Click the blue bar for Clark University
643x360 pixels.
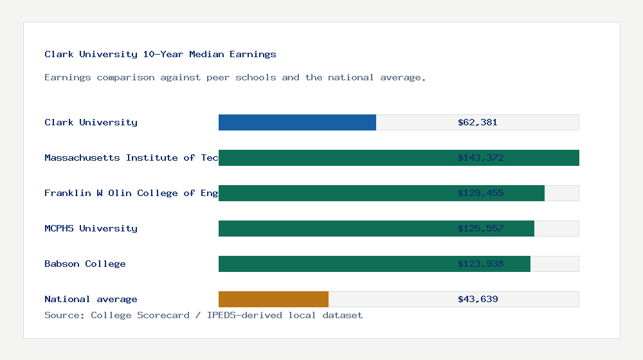[297, 122]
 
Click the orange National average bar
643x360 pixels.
[273, 299]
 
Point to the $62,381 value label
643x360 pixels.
[478, 122]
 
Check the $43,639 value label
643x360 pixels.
[478, 299]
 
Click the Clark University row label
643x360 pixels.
[91, 122]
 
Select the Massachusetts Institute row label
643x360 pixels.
[131, 157]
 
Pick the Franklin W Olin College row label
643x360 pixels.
[131, 193]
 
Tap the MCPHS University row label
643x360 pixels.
[91, 228]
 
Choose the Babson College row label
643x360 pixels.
[85, 264]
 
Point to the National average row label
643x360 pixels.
[91, 299]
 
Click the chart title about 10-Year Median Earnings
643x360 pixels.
[160, 54]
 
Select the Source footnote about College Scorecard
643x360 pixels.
[203, 315]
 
